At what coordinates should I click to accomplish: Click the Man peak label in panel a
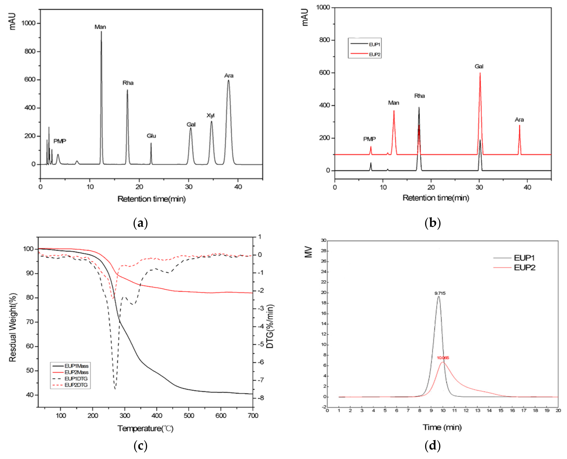[100, 27]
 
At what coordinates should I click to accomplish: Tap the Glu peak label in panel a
[151, 136]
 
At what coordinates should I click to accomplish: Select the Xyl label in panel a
[211, 115]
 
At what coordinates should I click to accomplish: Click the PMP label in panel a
[60, 141]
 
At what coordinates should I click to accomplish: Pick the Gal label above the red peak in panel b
[479, 66]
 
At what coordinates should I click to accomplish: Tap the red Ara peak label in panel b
[519, 120]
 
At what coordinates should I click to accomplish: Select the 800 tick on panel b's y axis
[325, 40]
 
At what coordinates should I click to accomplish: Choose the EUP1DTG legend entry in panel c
[76, 379]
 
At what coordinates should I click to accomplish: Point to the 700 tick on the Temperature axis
[253, 416]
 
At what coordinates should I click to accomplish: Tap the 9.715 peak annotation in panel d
[440, 293]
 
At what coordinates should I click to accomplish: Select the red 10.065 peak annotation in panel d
[443, 358]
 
